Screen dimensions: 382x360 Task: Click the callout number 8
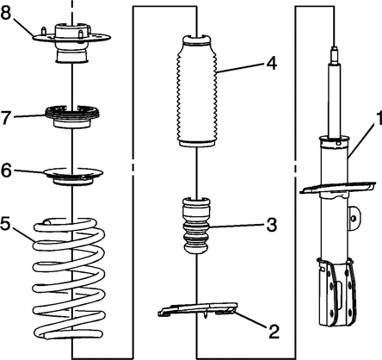tap(6, 13)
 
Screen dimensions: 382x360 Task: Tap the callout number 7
tap(6, 117)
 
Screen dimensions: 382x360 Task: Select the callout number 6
tap(6, 171)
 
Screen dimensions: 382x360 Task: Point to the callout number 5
tap(6, 223)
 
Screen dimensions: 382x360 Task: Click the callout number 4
tap(272, 63)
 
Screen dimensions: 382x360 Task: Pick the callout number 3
tap(271, 225)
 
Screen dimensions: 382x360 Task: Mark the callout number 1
tap(379, 119)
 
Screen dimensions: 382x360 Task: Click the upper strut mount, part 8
tap(71, 42)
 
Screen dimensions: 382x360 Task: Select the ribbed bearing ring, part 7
tap(72, 116)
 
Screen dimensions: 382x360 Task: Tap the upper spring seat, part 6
tap(73, 176)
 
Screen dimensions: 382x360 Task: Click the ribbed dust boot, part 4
tap(197, 91)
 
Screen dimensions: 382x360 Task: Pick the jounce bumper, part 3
tap(197, 226)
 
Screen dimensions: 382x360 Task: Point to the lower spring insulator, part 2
tap(198, 309)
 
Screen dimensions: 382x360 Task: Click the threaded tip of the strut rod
tap(334, 54)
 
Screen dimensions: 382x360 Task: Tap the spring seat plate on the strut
tap(337, 188)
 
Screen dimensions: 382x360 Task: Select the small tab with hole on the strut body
tap(354, 218)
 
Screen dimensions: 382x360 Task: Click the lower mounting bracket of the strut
tap(336, 292)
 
